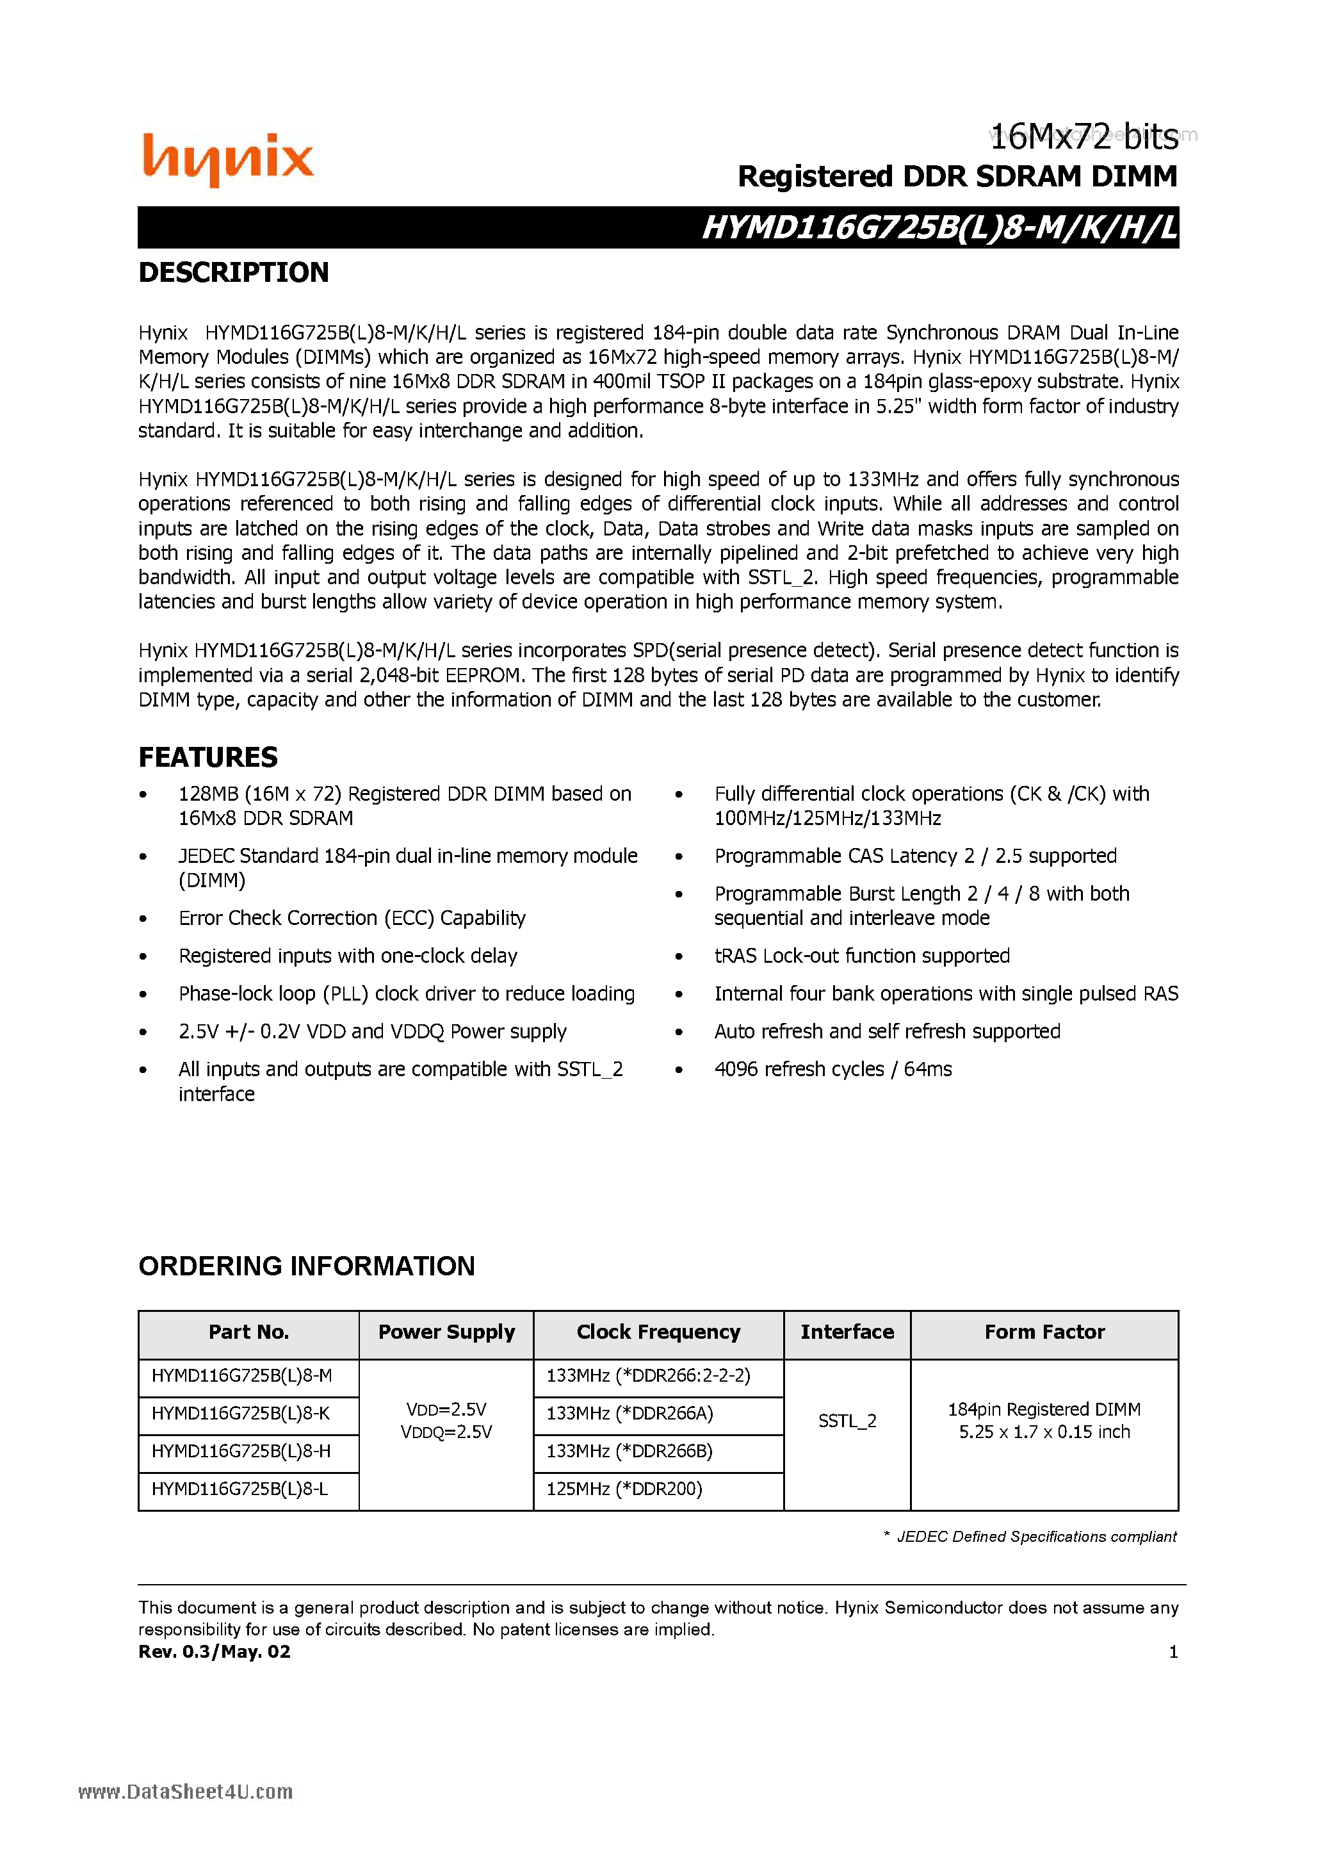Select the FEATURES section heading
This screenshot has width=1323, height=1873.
(208, 757)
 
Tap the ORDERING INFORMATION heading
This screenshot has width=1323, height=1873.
(307, 1266)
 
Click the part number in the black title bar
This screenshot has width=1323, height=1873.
(939, 227)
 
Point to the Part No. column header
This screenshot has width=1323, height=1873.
(248, 1332)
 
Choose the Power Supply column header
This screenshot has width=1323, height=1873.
(446, 1332)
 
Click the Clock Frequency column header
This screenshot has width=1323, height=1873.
(658, 1332)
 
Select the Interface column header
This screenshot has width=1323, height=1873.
(847, 1332)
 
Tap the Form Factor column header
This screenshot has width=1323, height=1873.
(1044, 1332)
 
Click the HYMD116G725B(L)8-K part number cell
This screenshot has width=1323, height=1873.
(241, 1414)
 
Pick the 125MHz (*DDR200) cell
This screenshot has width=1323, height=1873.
(624, 1489)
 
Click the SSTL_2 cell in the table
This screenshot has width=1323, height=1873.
(847, 1421)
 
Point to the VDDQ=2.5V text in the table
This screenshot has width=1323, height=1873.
(446, 1432)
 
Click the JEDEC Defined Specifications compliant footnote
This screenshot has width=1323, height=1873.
(1036, 1537)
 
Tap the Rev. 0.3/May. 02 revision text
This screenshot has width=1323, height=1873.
(215, 1652)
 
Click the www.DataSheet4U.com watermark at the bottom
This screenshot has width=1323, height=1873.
(185, 1792)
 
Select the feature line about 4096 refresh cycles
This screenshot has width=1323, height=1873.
(832, 1070)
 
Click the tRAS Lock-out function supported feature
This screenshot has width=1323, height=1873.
(862, 956)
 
